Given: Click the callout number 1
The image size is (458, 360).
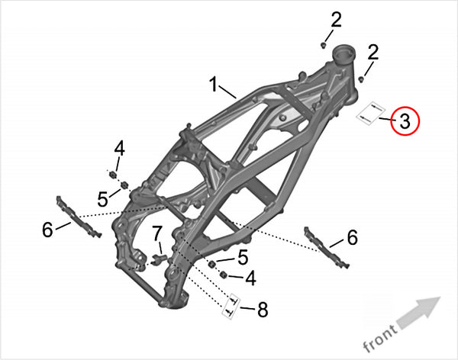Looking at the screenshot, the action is coord(214,84).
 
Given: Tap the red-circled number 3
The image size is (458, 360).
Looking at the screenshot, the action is coord(405,121).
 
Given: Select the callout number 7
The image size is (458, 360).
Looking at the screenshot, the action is coord(156,233).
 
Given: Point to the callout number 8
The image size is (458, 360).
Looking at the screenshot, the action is coord(263,310).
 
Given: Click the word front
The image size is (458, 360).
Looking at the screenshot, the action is coord(380,338).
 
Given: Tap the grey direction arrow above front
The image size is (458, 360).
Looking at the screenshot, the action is coord(419,312).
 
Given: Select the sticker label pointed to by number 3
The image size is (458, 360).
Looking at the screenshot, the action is coord(370,114).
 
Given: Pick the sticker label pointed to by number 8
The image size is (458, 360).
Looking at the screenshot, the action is coord(231,307).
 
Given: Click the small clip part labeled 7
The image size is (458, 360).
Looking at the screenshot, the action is coord(160,259).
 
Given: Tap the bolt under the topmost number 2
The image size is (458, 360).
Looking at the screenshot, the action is coord(324,45).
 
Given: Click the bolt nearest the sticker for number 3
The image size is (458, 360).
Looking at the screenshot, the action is coord(362,79).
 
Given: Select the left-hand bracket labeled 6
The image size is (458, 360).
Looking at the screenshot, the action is coord(78,217).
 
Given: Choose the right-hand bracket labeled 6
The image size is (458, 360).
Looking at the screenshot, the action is coord(327,247).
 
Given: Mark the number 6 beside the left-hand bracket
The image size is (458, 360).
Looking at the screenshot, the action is coord(47,229).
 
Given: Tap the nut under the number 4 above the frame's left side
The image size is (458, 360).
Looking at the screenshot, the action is coord(112,175).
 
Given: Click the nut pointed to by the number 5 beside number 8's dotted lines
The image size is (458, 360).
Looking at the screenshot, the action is coord(212,265).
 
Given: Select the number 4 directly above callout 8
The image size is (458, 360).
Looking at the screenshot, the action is coord(251,278).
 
